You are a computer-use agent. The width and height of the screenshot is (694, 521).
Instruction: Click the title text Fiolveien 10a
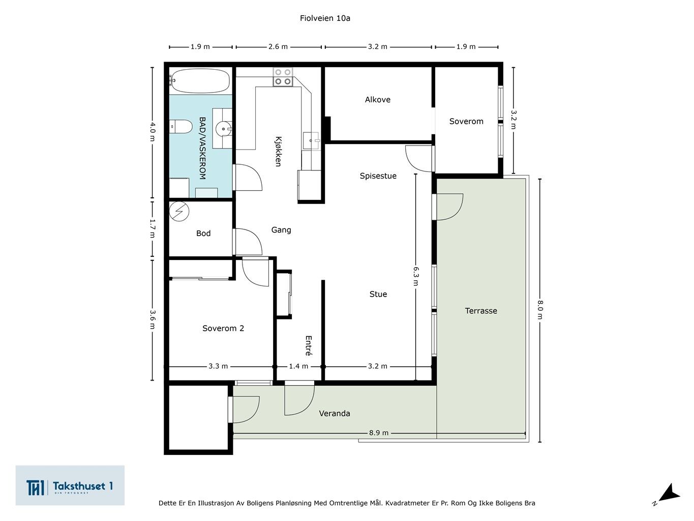point(325,18)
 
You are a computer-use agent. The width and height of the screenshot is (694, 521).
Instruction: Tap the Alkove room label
point(378,100)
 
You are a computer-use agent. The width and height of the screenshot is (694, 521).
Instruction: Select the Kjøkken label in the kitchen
point(278,151)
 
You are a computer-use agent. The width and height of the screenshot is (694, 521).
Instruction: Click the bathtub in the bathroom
point(200,81)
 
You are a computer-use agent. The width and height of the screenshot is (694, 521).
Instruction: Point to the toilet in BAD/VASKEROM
point(180,126)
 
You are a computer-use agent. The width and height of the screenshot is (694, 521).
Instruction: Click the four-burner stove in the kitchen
point(283,77)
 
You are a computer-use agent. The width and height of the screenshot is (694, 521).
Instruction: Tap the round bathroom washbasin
point(224,129)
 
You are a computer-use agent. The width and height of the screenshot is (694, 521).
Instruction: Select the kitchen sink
point(311,140)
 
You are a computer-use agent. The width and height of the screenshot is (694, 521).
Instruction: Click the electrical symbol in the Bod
point(179,211)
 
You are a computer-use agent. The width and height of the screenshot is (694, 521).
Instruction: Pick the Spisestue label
point(378,176)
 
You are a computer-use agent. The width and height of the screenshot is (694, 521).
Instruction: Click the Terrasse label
point(481,311)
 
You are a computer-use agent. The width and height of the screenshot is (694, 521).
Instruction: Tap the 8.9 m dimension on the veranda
point(379,433)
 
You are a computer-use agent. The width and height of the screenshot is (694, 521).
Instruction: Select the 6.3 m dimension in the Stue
point(416,276)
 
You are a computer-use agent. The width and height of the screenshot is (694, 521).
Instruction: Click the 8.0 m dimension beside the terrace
point(540,310)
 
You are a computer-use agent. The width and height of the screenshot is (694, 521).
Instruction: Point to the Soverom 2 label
point(223,328)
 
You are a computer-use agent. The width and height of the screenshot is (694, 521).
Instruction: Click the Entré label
point(309,345)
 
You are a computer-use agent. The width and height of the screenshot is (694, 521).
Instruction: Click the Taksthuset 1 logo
point(70,485)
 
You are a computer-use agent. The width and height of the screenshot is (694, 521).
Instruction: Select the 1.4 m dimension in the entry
point(298,366)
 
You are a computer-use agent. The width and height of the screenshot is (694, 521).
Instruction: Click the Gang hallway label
point(281,230)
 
